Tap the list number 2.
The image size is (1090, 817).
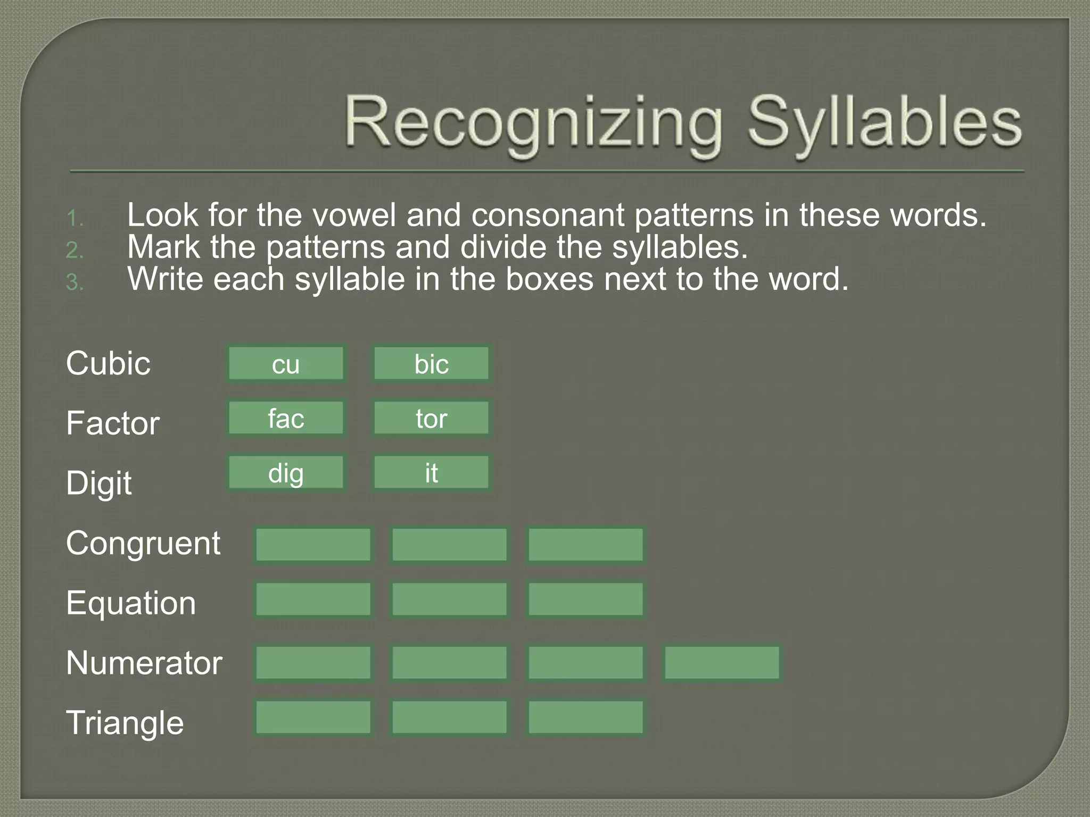[x=75, y=250]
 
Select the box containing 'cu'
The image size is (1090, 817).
[x=286, y=364]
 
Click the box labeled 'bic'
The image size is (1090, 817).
[x=431, y=364]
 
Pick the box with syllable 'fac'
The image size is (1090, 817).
[x=286, y=418]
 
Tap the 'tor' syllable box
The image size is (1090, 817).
[x=431, y=418]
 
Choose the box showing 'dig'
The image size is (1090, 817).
[x=286, y=472]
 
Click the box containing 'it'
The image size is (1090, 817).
[x=431, y=472]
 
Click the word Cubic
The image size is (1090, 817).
[x=108, y=364]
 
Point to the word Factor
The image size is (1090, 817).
[x=113, y=423]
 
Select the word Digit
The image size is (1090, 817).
[x=99, y=483]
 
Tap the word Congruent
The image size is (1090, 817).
[x=143, y=544]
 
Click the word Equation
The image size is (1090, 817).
[x=131, y=603]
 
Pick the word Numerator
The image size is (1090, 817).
[x=144, y=663]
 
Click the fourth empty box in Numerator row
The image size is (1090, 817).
[x=722, y=663]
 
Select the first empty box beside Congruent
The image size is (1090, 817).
[x=313, y=545]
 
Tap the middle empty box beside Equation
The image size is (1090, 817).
[x=449, y=599]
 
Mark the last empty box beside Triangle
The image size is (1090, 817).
[x=585, y=718]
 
